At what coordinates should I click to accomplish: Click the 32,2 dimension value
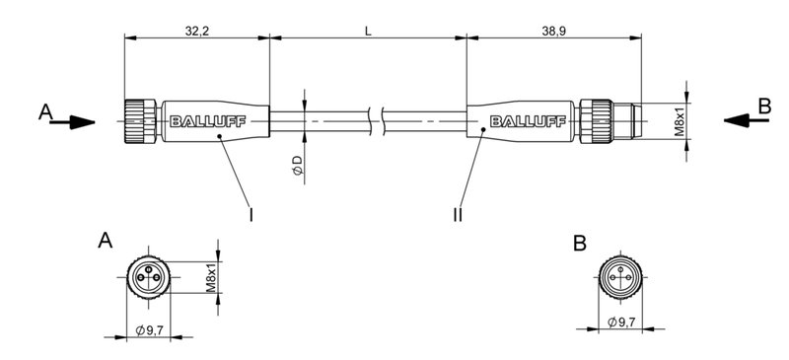197,32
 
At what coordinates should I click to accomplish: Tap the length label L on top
368,32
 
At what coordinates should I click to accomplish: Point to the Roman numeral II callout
458,212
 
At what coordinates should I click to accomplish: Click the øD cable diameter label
298,166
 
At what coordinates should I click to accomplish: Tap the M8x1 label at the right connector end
680,121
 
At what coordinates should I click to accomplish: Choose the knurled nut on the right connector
597,122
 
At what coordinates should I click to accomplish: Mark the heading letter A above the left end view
106,241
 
